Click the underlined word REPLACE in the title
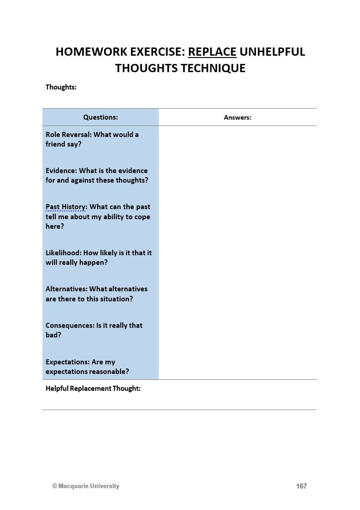[212, 52]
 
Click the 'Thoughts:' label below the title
[61, 87]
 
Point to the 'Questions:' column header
[100, 117]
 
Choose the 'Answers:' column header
[237, 117]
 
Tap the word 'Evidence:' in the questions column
[61, 171]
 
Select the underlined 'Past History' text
[65, 207]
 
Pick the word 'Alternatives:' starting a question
[67, 289]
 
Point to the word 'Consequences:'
[70, 326]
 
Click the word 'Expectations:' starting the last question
[67, 362]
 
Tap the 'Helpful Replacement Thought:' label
[93, 389]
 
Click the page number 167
[301, 486]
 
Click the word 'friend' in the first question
[56, 144]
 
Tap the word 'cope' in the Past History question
[142, 217]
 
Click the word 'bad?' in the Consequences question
[53, 335]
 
